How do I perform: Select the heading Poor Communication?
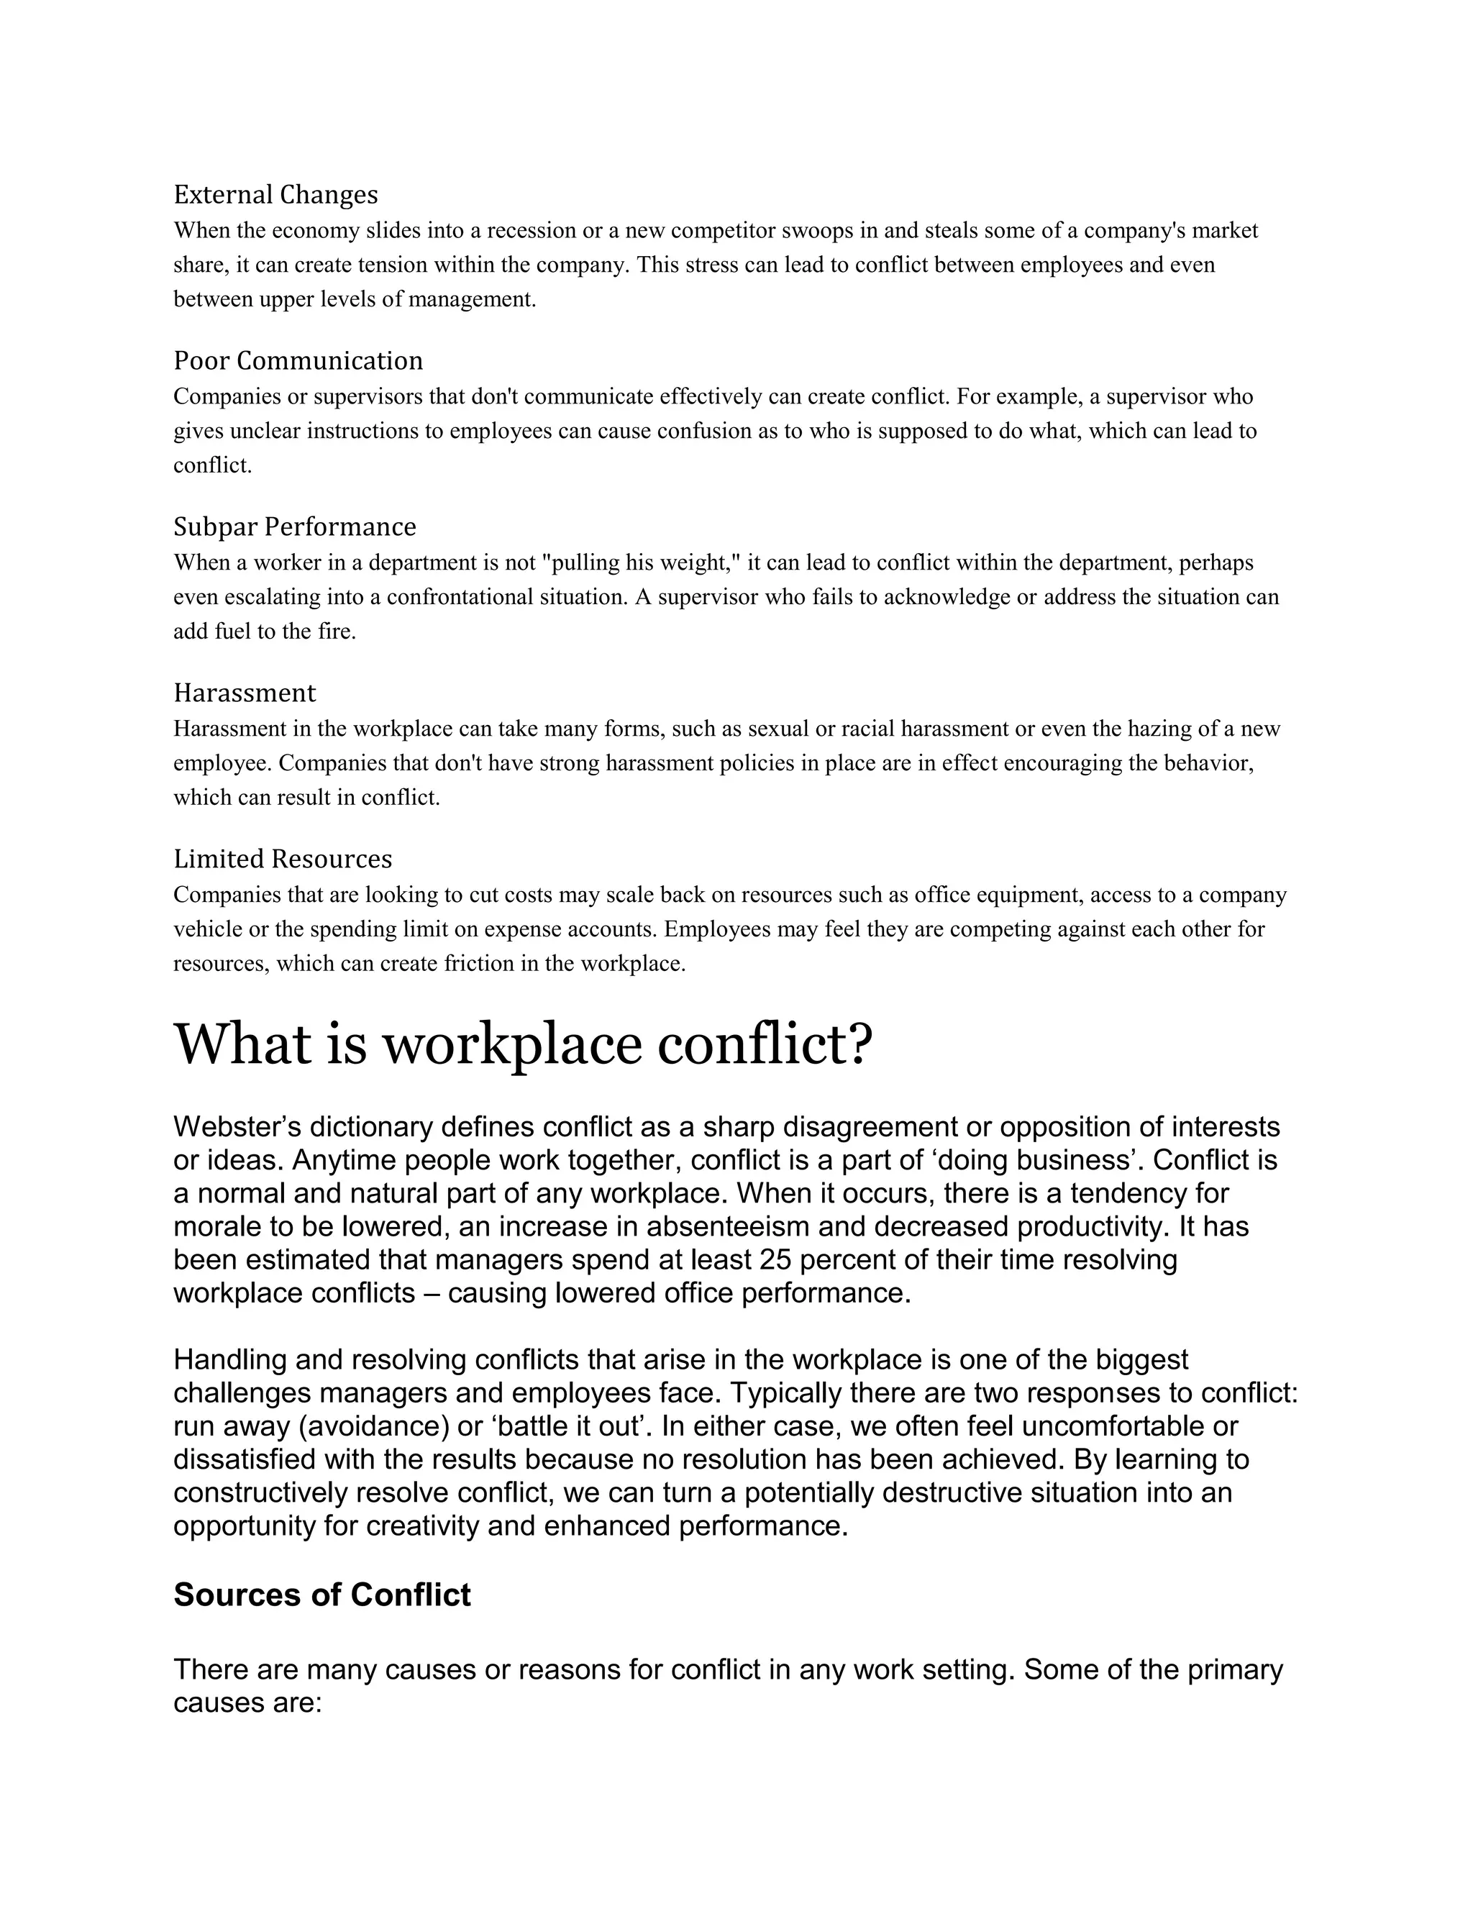click(298, 360)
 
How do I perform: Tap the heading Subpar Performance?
click(294, 526)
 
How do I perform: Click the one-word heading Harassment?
click(245, 693)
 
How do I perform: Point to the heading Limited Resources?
click(283, 859)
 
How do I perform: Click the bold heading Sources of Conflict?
click(322, 1595)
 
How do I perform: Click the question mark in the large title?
click(859, 1044)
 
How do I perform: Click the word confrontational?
click(459, 598)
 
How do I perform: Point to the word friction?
click(479, 965)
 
